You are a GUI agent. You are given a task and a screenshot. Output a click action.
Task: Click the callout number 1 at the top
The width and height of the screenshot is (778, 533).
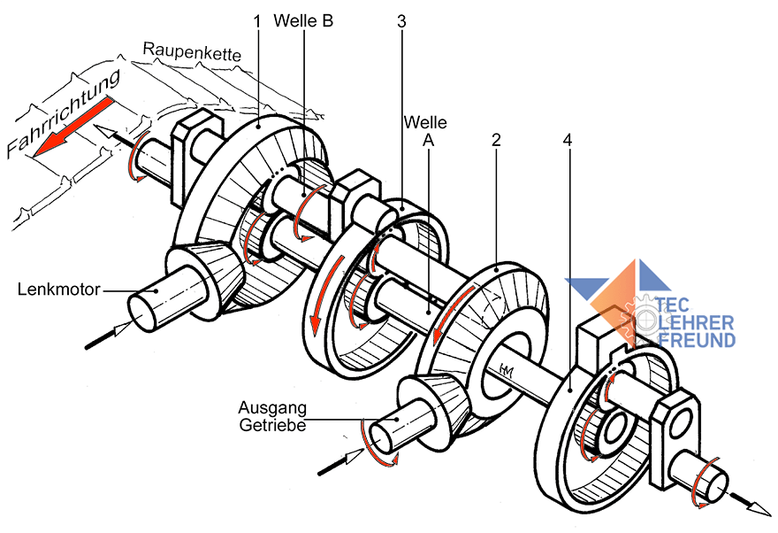coord(256,22)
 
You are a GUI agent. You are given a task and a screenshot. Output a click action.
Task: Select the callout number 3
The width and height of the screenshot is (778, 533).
coord(401,21)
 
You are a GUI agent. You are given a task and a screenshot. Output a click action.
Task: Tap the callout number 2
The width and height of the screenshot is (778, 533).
coord(496,140)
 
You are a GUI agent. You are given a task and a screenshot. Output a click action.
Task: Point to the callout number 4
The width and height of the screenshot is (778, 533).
coord(568,140)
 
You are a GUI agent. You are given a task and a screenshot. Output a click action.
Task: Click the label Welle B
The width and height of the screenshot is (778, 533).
coord(303,20)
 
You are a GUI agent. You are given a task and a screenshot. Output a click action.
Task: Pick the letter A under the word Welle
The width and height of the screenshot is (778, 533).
coord(428,141)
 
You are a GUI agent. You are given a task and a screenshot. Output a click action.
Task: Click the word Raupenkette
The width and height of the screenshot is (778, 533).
coord(192,51)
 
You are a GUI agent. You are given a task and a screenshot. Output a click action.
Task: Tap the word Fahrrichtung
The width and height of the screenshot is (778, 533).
coord(64,113)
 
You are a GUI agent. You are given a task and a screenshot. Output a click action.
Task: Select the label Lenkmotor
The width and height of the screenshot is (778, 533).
coord(58,290)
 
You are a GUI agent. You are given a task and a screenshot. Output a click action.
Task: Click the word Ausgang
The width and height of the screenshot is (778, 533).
coord(272,408)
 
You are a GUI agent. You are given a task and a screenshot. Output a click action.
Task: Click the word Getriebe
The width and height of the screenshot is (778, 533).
coord(272,425)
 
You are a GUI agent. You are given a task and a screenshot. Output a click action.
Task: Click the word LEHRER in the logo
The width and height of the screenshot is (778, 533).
coord(696,323)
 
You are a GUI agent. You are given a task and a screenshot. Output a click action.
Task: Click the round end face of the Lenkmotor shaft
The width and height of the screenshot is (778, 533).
coord(142,313)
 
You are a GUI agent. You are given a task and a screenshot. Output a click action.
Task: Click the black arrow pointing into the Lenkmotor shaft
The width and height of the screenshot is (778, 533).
coord(109,335)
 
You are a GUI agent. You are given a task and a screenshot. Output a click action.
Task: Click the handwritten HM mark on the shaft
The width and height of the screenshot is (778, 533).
coord(507,370)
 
